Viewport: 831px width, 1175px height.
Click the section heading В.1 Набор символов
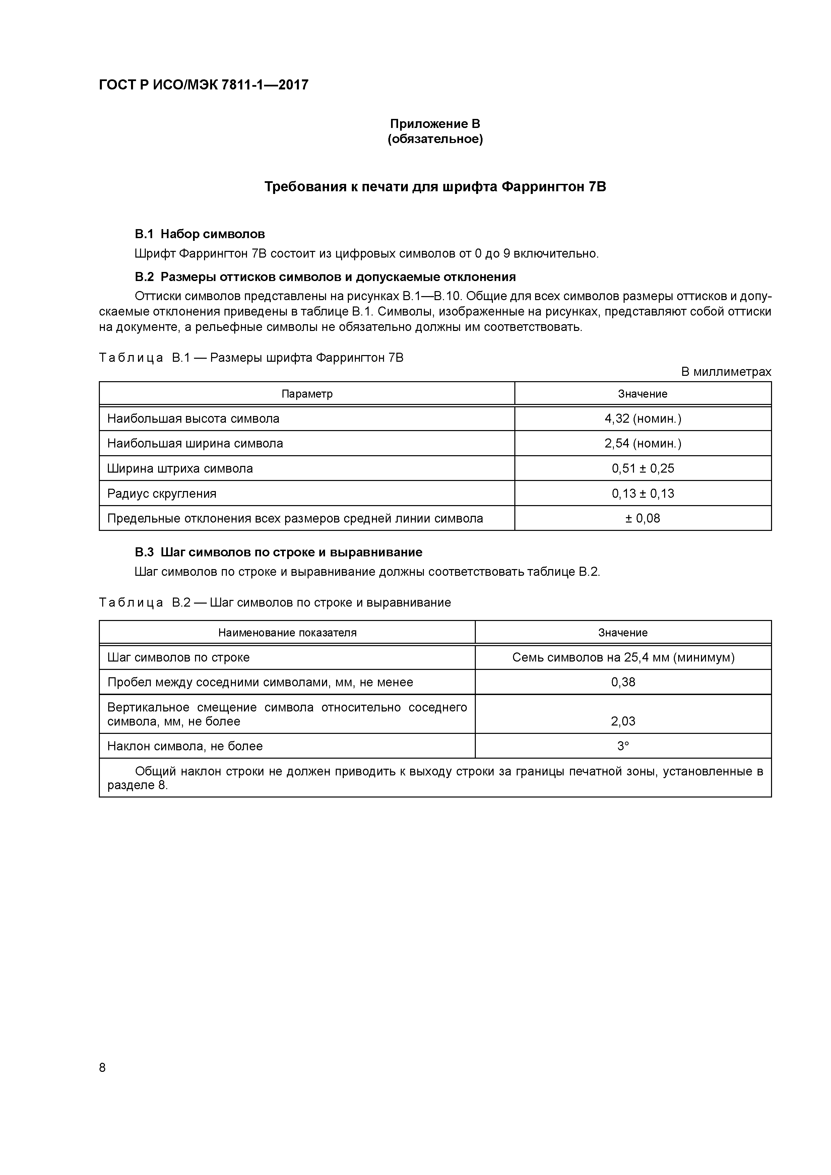click(x=200, y=234)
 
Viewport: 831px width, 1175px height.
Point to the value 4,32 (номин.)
click(x=643, y=419)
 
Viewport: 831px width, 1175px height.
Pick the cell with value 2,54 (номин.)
click(x=643, y=443)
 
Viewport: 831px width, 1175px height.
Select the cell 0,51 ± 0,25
click(x=643, y=468)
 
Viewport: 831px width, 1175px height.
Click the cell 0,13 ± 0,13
click(x=643, y=493)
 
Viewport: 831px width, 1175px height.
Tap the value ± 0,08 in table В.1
click(x=643, y=519)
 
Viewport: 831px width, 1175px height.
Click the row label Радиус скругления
click(x=162, y=493)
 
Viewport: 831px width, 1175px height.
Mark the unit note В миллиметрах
click(x=725, y=372)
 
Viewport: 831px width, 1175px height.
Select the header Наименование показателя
click(x=287, y=632)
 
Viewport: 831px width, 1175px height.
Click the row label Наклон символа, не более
click(x=185, y=746)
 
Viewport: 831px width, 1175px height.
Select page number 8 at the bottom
click(x=103, y=1067)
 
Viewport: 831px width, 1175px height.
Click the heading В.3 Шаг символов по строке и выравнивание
click(x=278, y=552)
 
